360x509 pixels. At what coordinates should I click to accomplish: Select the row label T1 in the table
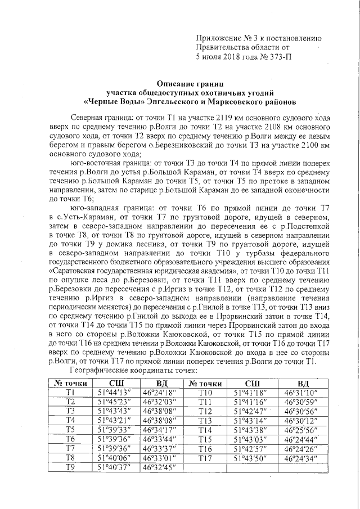tap(70, 392)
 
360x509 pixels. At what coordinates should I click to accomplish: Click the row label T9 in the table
tap(70, 467)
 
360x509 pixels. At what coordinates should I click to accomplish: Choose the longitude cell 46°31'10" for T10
tap(301, 392)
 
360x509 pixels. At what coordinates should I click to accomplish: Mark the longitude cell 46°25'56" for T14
tap(301, 430)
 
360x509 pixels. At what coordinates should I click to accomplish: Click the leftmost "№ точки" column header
tap(70, 382)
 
